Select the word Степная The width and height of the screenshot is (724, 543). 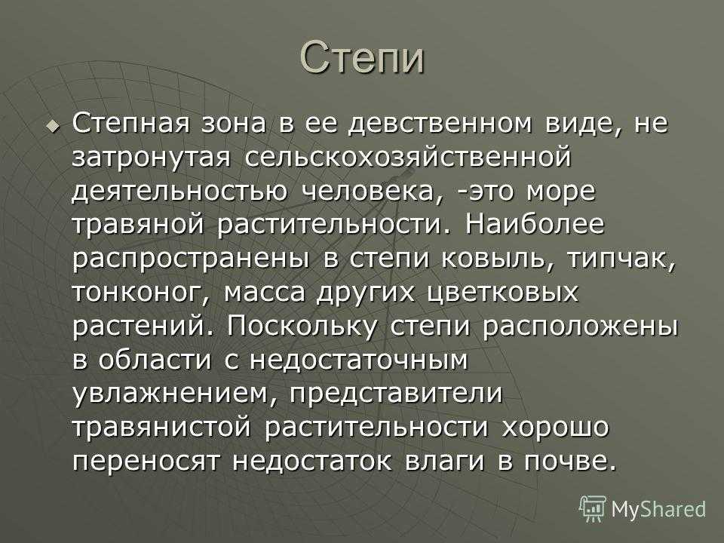tap(130, 123)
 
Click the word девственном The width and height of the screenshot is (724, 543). tap(440, 123)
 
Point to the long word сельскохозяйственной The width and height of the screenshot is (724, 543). tap(408, 157)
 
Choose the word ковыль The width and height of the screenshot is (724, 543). tap(499, 259)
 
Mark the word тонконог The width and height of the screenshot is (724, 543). tap(141, 293)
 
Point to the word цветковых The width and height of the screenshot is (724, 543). tap(503, 293)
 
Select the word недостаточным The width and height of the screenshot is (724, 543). tap(359, 360)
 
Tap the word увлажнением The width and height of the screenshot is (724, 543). tap(175, 394)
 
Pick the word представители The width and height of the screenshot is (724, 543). tap(396, 394)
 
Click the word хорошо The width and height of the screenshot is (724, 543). tap(556, 428)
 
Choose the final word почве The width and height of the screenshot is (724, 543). tap(570, 462)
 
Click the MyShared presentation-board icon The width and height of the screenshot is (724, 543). tap(593, 509)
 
